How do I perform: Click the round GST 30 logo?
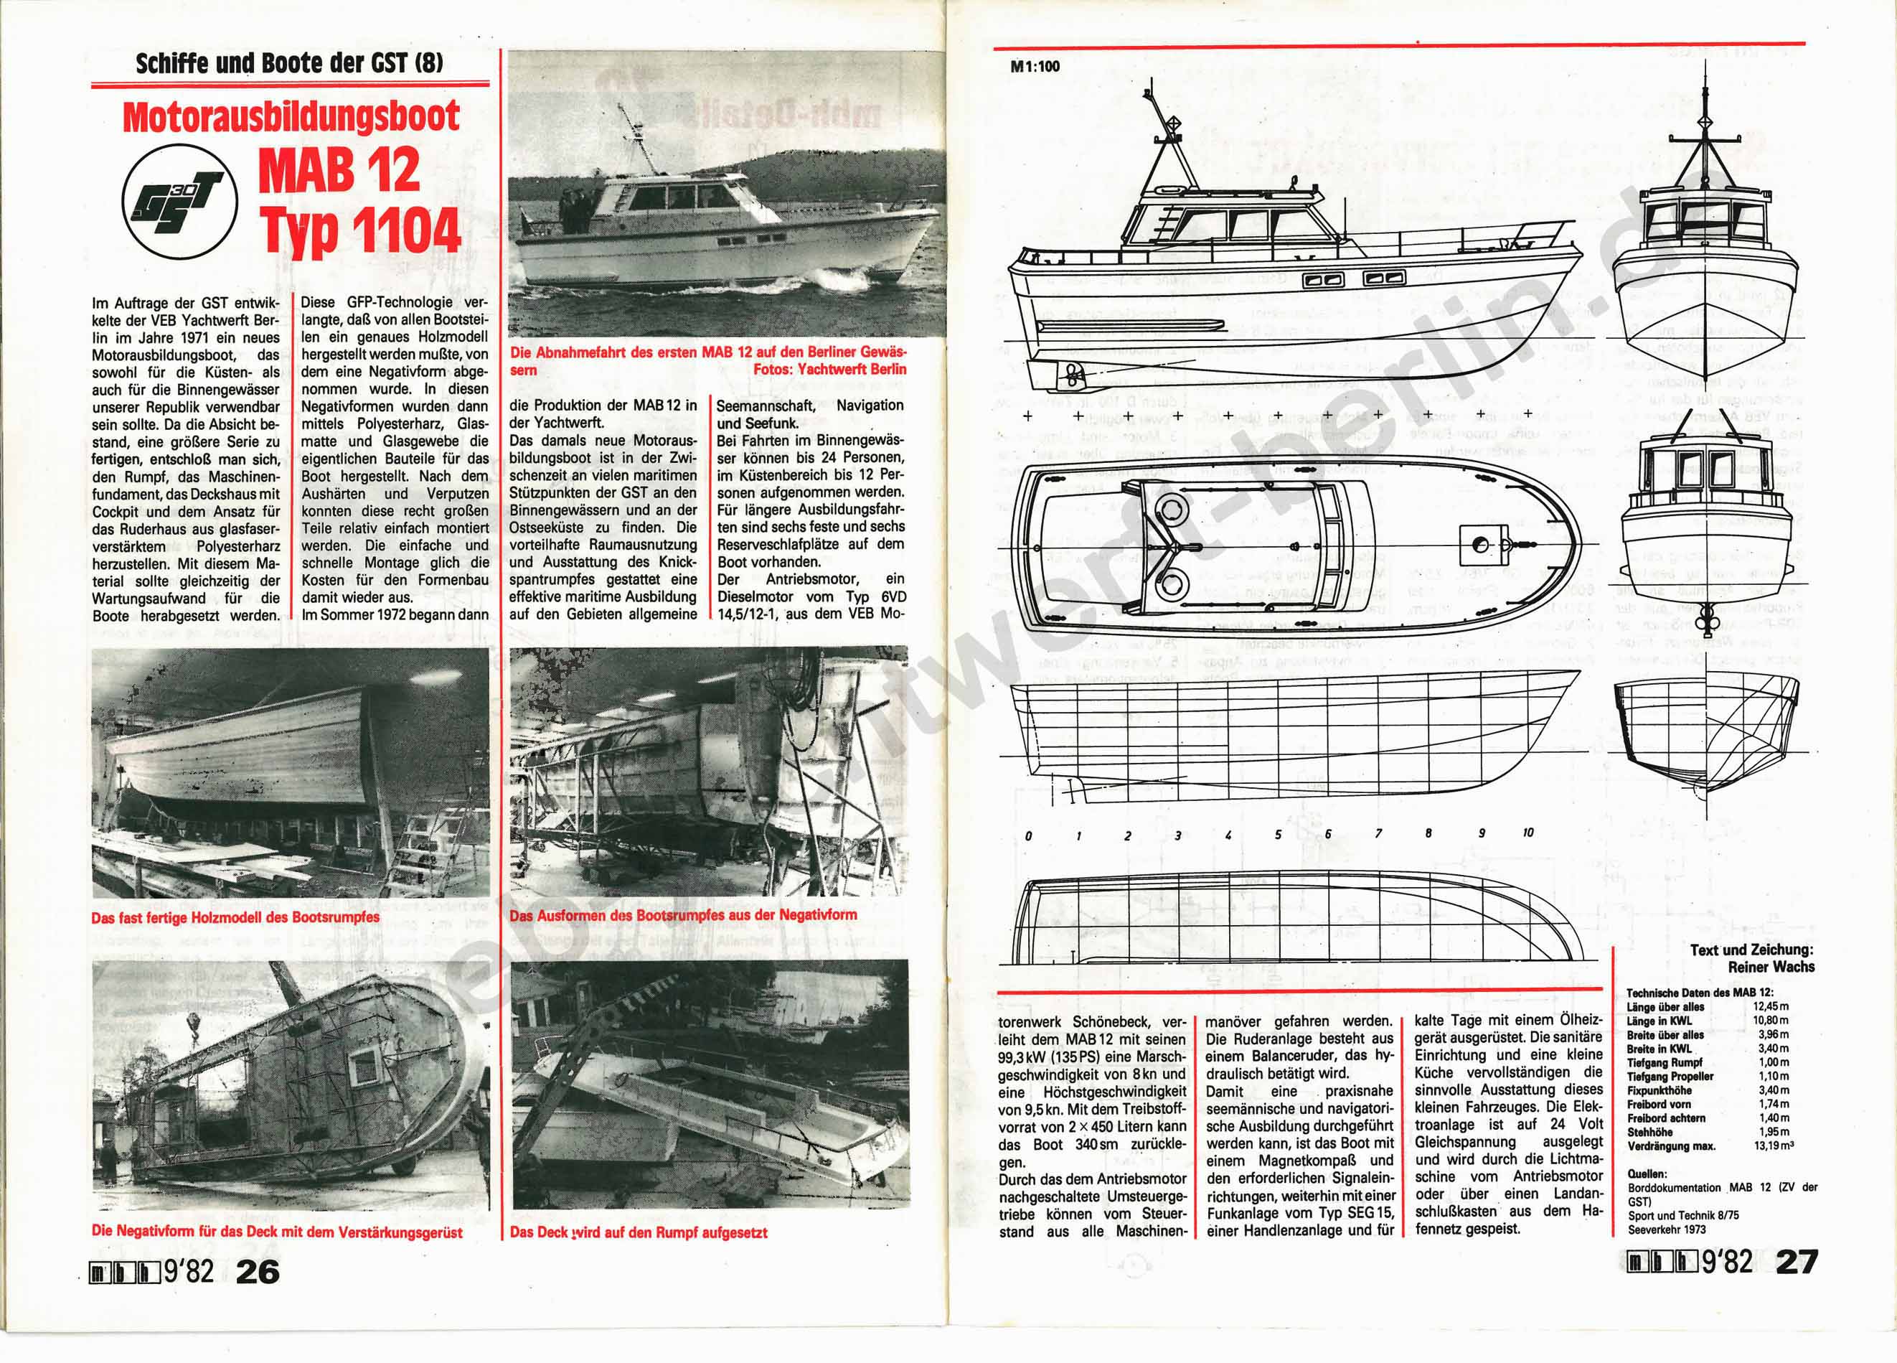(x=180, y=203)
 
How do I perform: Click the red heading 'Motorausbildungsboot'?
(x=291, y=117)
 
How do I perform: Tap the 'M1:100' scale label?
(x=1035, y=66)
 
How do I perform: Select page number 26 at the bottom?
(x=258, y=1271)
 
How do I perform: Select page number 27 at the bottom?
(x=1797, y=1261)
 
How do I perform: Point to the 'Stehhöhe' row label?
(x=1649, y=1132)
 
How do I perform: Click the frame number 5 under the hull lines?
(x=1278, y=834)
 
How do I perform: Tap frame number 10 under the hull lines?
(x=1528, y=833)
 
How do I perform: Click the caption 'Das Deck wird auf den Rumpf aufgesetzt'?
(x=638, y=1232)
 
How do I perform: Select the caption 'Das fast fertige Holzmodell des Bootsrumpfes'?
(x=235, y=917)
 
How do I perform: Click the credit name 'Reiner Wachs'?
(x=1771, y=966)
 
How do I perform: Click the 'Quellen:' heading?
(x=1646, y=1173)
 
